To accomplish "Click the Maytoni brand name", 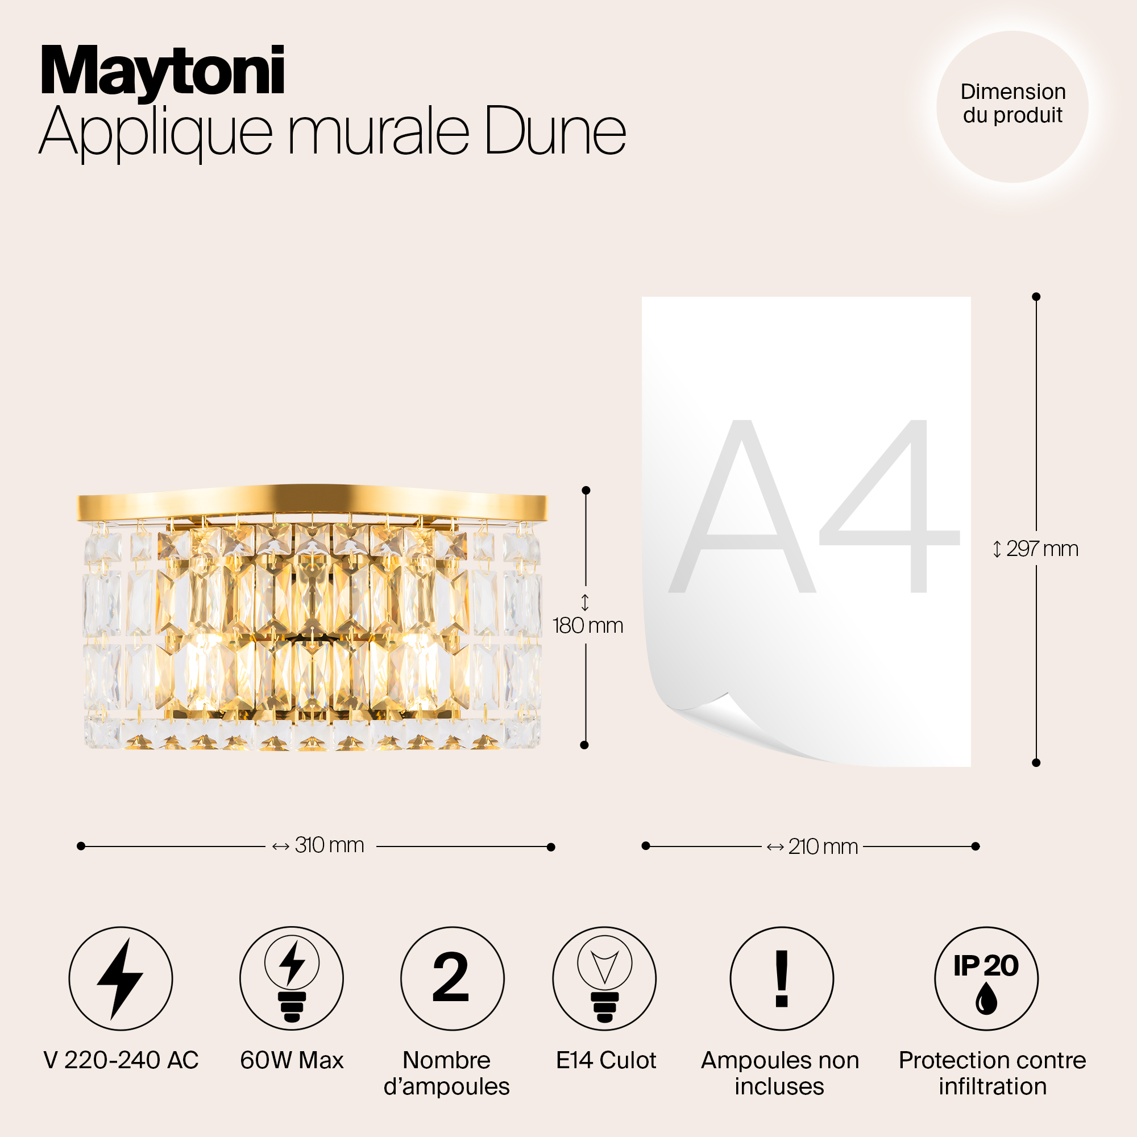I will [163, 72].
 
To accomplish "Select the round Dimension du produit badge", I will [1012, 106].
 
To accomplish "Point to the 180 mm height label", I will [587, 625].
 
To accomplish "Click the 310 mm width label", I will [329, 846].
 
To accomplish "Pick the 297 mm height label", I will [1041, 549].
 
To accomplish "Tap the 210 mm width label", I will [822, 847].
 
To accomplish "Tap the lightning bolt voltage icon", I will [121, 979].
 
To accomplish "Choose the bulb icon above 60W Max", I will [291, 979].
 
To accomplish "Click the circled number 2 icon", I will [452, 979].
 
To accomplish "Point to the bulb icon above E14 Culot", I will [604, 979].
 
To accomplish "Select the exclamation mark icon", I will [782, 979].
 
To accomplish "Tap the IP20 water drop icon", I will [986, 979].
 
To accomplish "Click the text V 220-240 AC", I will [121, 1060].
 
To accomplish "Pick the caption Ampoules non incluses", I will [780, 1073].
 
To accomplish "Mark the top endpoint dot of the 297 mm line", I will [1036, 297].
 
